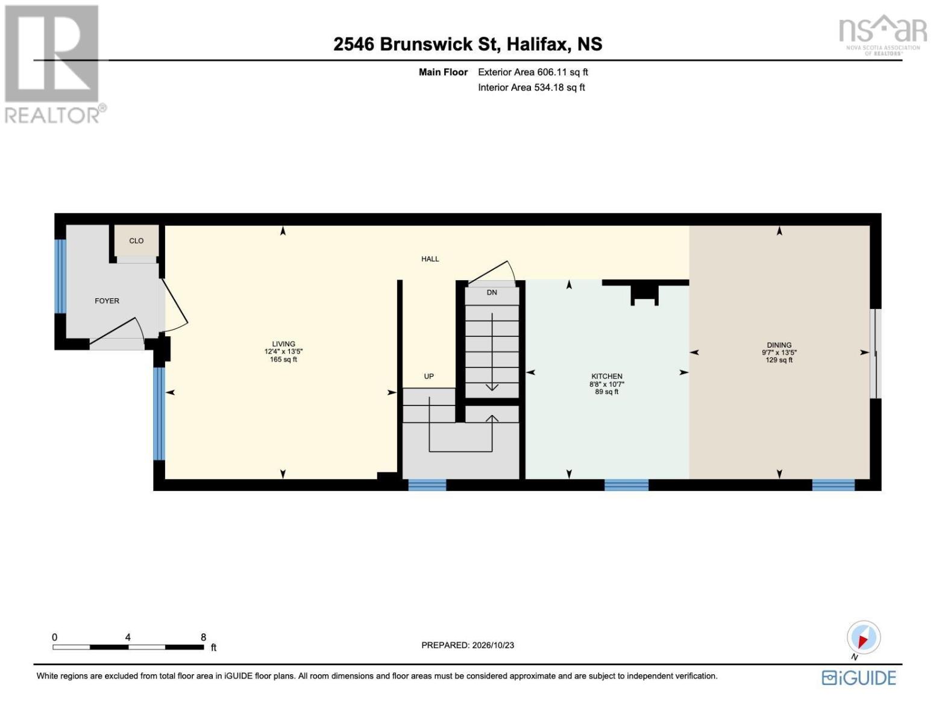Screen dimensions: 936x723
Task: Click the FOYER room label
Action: click(x=107, y=301)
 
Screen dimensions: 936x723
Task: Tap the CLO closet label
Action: click(x=136, y=241)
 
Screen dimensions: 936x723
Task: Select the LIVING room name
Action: click(x=283, y=344)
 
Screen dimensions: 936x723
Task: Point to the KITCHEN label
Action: click(x=606, y=377)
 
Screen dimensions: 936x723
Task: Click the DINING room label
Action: click(x=779, y=345)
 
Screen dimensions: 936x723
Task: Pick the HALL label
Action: click(x=430, y=259)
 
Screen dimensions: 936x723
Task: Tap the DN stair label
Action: click(x=491, y=292)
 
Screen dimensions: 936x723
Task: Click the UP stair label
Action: click(x=429, y=377)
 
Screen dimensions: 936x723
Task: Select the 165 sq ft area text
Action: click(x=283, y=360)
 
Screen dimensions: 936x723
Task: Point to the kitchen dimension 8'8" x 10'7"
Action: click(x=606, y=384)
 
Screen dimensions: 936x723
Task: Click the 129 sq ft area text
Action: click(x=779, y=360)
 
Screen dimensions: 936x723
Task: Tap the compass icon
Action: click(x=863, y=638)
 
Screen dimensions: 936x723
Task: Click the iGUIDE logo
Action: click(x=859, y=678)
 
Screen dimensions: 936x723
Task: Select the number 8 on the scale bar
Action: click(x=203, y=637)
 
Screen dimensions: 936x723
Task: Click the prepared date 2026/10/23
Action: click(x=493, y=645)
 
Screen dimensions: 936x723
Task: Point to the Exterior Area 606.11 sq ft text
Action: click(x=533, y=72)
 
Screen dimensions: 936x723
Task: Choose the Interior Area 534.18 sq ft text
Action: click(x=531, y=87)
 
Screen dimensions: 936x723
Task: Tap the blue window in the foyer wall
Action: click(x=60, y=276)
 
